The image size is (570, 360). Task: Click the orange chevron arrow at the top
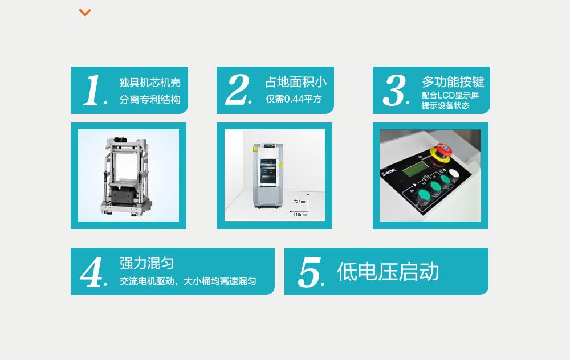point(85,13)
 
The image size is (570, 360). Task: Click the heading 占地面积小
point(295,82)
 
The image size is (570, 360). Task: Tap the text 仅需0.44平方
point(294,99)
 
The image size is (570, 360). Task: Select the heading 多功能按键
point(453,81)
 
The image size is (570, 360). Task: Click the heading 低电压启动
point(388,271)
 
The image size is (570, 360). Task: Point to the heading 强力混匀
point(146,263)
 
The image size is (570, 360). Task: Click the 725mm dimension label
point(300,201)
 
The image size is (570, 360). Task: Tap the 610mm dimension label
point(300,215)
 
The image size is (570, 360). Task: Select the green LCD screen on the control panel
point(416,169)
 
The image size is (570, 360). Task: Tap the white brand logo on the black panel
point(388,172)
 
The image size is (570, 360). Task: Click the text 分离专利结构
point(150,100)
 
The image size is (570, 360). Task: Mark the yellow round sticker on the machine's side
point(281,165)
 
